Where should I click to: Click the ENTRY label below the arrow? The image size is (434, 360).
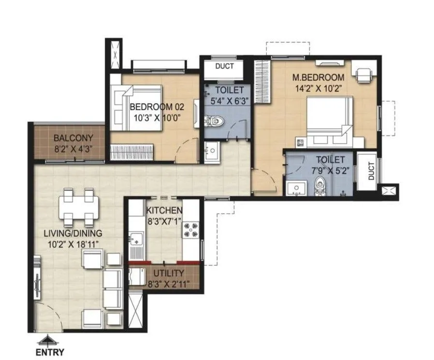[50, 352]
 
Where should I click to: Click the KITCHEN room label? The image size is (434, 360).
[164, 210]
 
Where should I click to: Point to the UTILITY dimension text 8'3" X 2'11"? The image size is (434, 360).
[169, 284]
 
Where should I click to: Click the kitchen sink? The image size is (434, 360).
[135, 238]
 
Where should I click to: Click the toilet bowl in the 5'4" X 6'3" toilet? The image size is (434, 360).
[214, 121]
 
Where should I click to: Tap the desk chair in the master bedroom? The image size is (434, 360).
[363, 74]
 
